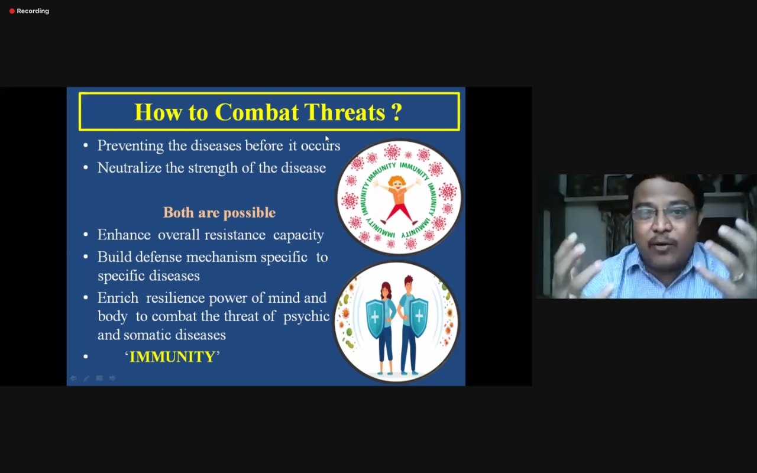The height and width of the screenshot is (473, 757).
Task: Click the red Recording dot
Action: (12, 11)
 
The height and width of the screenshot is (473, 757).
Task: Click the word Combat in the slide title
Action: (257, 112)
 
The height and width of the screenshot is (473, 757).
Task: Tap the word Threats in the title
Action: (345, 112)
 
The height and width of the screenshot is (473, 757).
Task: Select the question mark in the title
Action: (397, 112)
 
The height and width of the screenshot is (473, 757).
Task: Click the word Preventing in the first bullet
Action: (131, 146)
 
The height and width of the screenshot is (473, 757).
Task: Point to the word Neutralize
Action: (130, 168)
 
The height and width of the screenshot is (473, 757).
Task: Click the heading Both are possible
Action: (219, 212)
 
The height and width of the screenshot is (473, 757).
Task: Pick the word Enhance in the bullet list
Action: (124, 235)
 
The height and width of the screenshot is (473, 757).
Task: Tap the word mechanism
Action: (221, 257)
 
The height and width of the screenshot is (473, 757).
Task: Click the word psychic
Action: (306, 317)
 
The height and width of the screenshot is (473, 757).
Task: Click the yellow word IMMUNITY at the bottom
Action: (172, 357)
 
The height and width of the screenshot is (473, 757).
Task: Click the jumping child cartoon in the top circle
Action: (398, 200)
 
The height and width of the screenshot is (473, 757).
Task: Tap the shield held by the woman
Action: (375, 318)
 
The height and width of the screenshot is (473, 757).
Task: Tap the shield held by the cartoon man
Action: (419, 317)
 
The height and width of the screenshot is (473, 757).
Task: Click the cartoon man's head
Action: (409, 284)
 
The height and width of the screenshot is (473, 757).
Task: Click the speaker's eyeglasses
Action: (662, 213)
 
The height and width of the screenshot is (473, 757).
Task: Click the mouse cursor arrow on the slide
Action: (327, 138)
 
